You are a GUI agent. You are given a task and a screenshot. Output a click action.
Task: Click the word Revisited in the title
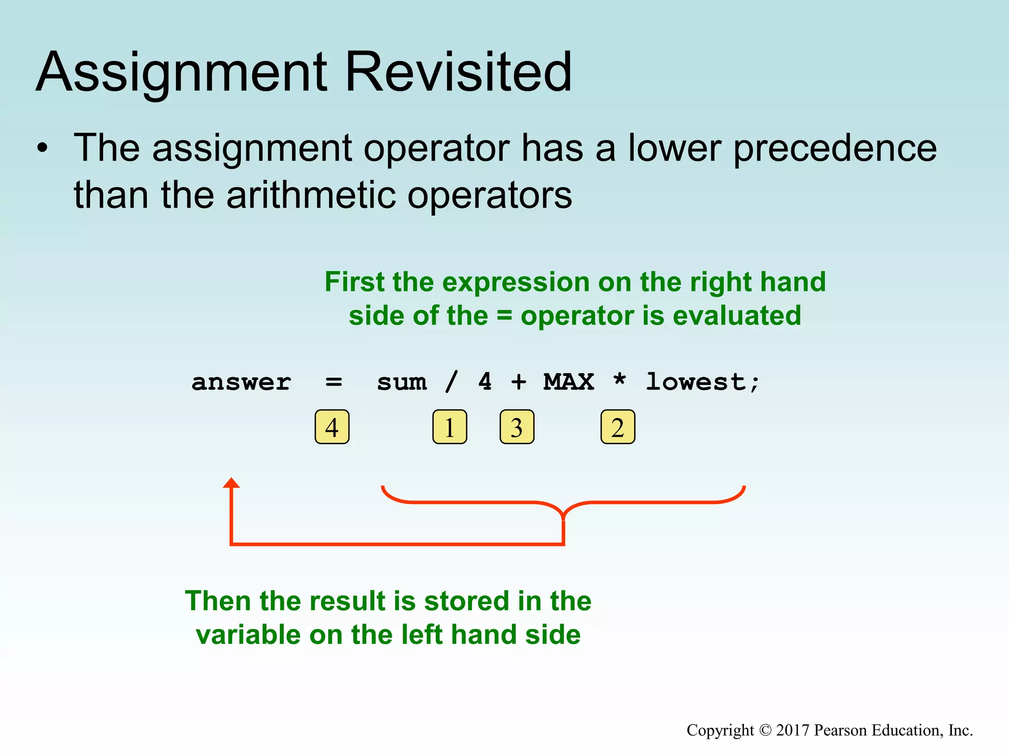point(458,72)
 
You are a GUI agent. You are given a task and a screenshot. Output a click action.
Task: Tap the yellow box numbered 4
point(332,427)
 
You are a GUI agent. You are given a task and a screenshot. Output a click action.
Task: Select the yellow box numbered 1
point(449,427)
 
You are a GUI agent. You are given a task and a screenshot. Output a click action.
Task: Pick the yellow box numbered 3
point(517,427)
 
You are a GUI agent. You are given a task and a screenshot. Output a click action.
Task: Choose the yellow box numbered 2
point(618,427)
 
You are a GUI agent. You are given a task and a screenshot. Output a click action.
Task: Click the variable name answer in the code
point(241,382)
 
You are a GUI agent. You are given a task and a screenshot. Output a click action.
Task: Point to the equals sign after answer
point(334,382)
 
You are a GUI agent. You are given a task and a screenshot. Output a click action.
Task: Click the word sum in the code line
point(402,382)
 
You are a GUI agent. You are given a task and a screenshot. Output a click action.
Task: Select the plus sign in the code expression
point(518,382)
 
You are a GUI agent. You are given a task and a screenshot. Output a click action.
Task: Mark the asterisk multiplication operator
point(619,379)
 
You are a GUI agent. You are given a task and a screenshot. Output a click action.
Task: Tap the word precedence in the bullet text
point(835,149)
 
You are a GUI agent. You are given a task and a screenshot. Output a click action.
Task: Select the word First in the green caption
point(354,282)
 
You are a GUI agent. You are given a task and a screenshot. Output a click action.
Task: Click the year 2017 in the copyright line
point(793,730)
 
